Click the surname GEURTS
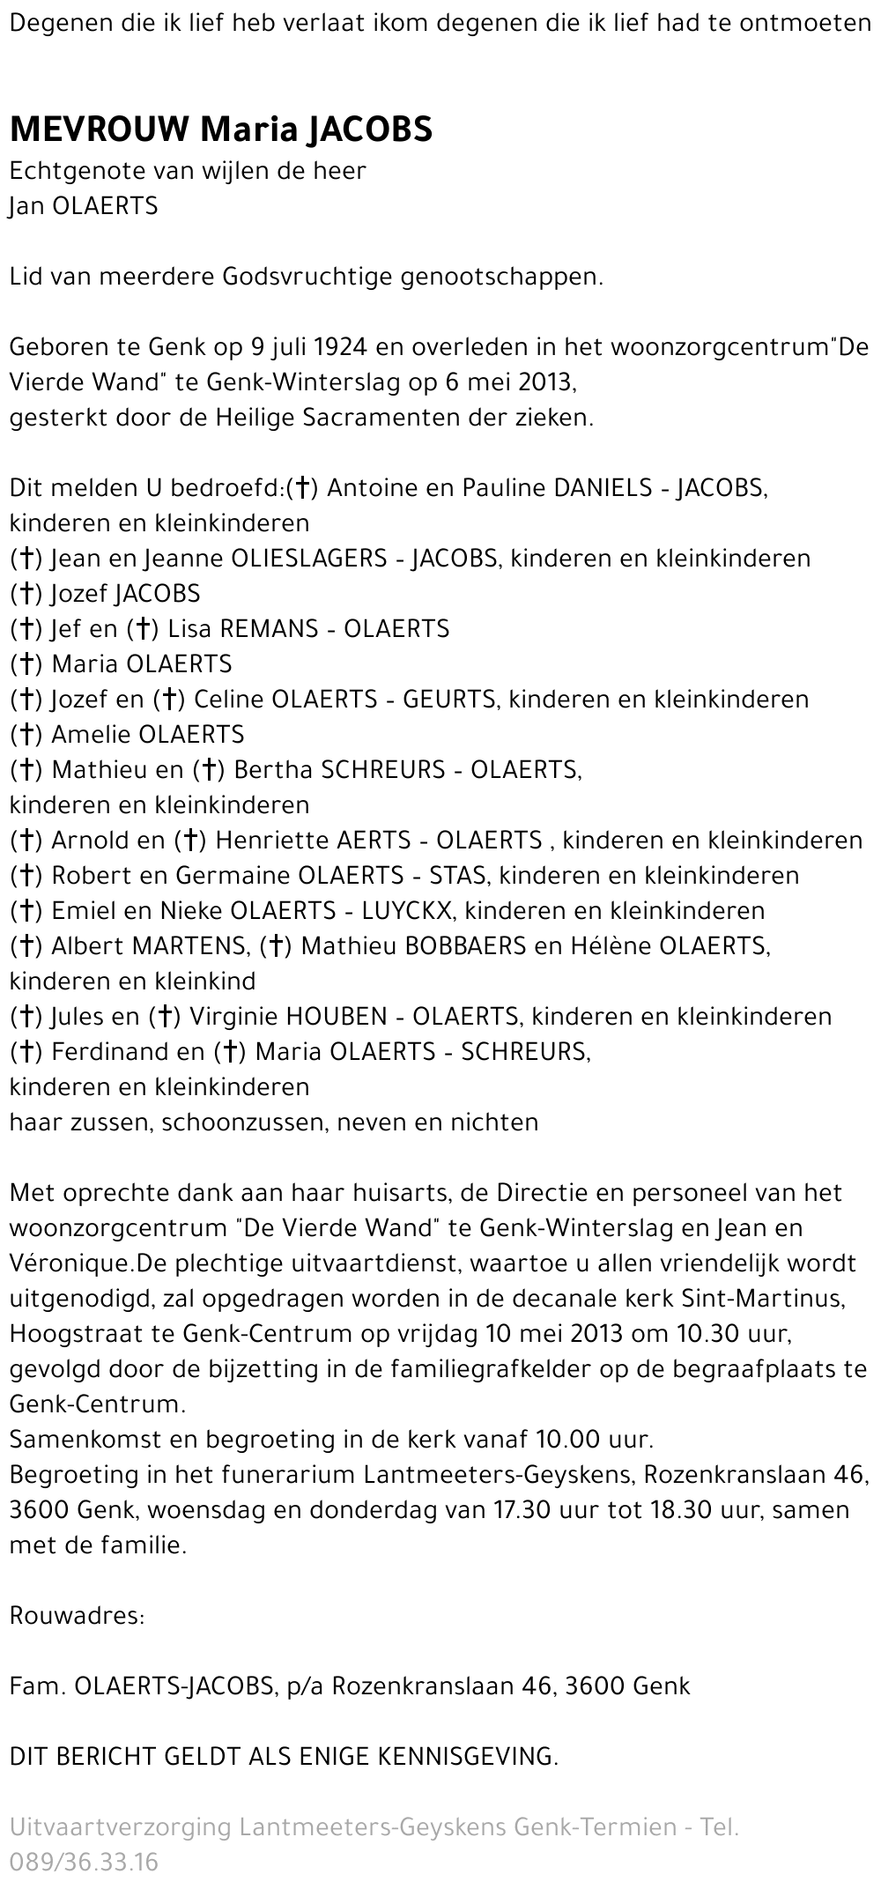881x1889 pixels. coord(449,700)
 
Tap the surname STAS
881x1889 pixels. coord(453,876)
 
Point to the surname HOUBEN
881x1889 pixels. coord(336,1017)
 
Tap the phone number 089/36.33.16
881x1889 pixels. coord(84,1863)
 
